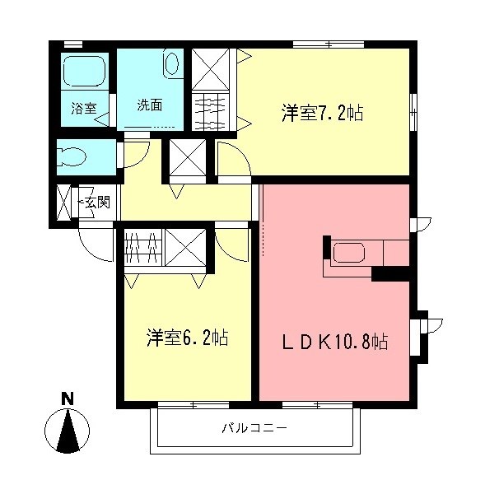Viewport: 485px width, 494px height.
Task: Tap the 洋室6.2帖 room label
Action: (187, 337)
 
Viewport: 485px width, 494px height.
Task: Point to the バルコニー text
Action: (254, 428)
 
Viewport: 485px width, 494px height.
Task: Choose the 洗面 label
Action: (149, 105)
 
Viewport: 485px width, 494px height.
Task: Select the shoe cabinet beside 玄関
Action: (64, 202)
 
